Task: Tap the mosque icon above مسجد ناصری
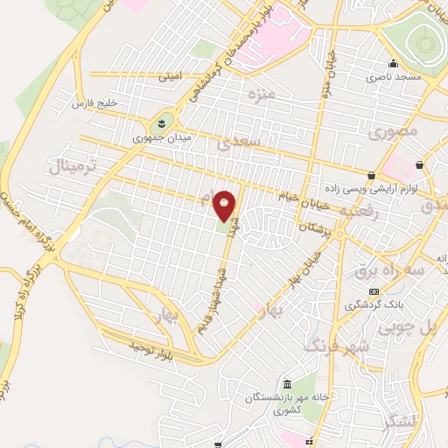pos(393,63)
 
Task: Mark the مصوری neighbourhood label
pos(394,132)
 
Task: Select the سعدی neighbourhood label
pos(241,139)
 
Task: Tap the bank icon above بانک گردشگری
pos(374,291)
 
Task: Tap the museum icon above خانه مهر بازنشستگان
pos(289,385)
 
